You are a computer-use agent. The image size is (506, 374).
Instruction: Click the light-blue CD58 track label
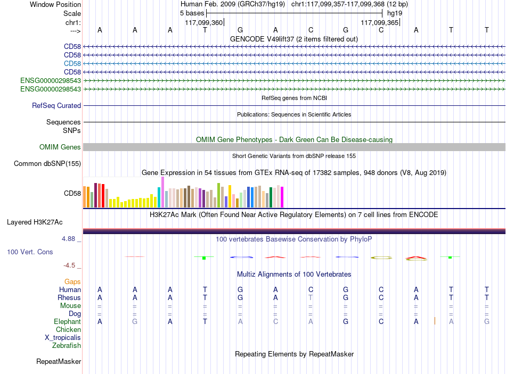72,63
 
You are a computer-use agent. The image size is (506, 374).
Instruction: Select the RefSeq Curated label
56,105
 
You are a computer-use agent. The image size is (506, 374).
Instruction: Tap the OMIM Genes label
60,147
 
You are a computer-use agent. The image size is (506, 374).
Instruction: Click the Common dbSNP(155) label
47,163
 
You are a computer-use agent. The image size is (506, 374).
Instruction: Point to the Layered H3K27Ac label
35,222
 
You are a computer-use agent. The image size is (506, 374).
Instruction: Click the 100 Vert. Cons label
30,252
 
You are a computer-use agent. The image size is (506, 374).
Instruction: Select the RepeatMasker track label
59,361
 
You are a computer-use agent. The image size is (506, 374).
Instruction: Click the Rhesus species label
69,297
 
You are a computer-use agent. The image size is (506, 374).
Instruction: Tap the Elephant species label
67,321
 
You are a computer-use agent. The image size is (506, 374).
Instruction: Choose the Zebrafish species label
67,345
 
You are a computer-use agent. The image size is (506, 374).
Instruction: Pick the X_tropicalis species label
63,338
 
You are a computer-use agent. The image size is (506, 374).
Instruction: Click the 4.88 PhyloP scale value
68,239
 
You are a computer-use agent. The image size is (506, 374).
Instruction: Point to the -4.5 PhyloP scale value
69,265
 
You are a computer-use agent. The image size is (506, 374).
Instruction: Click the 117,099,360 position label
204,22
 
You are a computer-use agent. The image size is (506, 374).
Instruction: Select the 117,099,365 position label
379,22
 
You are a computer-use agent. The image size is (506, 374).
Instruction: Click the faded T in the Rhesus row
311,297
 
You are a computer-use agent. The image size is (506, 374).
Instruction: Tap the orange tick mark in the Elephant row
435,321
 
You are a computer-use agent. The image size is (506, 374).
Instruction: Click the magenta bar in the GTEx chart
282,197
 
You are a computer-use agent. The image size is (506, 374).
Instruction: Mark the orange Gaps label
72,282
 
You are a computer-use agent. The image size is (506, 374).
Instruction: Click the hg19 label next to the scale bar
395,13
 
